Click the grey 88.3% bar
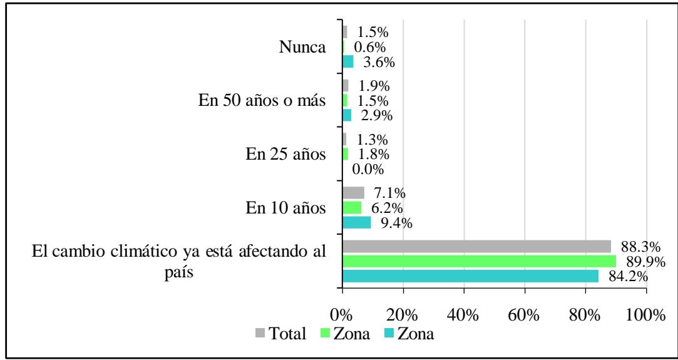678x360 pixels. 476,246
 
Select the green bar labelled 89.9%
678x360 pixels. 479,261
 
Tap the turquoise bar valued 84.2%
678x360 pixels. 470,276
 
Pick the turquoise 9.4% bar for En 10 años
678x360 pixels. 356,222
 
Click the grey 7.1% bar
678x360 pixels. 353,193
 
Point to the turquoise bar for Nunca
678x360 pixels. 348,61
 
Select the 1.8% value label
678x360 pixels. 372,154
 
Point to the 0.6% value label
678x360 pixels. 370,47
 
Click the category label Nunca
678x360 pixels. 304,47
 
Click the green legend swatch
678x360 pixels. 325,334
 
